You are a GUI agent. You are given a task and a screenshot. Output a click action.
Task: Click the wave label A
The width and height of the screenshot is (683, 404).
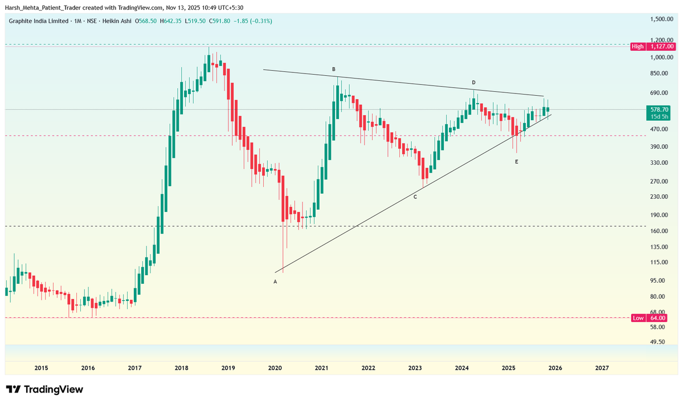coord(275,281)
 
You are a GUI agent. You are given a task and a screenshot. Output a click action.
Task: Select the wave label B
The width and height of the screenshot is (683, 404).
coord(334,69)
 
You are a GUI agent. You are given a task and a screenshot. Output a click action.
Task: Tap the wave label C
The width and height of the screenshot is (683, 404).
coord(415,197)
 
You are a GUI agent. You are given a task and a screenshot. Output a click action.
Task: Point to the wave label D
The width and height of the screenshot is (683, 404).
coord(473,83)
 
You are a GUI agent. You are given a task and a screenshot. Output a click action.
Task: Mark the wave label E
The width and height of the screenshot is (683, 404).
coord(517,162)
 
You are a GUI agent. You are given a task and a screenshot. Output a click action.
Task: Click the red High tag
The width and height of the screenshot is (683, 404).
coord(638,46)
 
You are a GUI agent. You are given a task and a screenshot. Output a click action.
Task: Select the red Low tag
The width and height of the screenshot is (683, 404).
coord(638,318)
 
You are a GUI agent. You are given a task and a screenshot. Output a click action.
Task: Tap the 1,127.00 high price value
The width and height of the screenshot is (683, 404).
coord(662,46)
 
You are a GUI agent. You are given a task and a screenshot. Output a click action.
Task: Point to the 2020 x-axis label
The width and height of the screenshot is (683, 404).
coord(275,368)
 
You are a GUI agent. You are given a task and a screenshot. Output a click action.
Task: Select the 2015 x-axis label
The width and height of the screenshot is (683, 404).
coord(41,368)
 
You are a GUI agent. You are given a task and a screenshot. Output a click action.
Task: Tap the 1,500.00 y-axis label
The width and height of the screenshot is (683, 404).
coord(661,19)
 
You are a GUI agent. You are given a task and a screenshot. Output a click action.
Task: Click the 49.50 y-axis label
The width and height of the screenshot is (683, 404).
coord(658,342)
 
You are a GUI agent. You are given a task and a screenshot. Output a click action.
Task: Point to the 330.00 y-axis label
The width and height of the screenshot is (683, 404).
coord(660,163)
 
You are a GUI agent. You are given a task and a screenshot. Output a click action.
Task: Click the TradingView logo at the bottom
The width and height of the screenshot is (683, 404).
coord(46,390)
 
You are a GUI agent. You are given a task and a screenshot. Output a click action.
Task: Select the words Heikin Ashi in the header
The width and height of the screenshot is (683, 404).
coord(116,21)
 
